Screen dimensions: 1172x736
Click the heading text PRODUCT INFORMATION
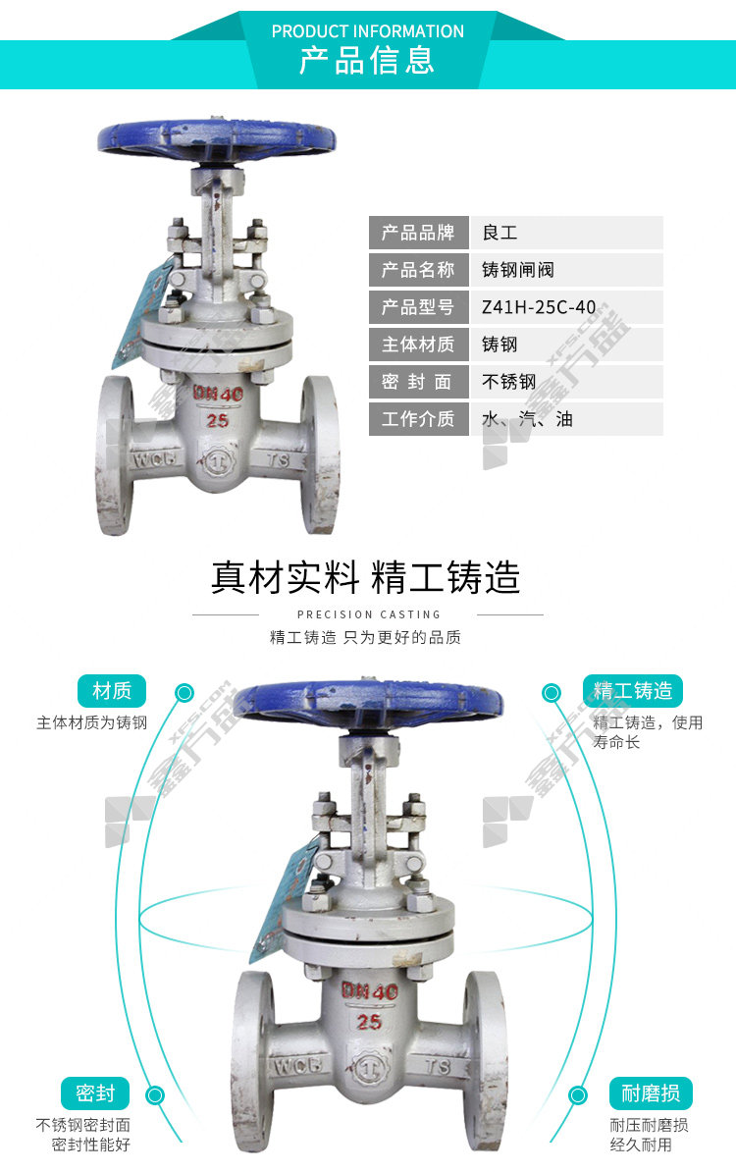(x=367, y=31)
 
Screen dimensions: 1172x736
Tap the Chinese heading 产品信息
(x=367, y=62)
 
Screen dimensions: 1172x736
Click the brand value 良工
(x=499, y=233)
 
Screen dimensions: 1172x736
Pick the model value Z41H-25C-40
(x=539, y=307)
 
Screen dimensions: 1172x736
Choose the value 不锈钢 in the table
(x=508, y=382)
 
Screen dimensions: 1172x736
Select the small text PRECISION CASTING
(x=368, y=614)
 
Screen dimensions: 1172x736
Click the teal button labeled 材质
(x=111, y=690)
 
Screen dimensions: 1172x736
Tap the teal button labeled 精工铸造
(x=633, y=690)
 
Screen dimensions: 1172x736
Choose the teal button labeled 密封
(x=95, y=1093)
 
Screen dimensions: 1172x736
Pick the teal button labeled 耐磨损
(x=651, y=1093)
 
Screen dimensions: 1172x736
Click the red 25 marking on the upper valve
(x=218, y=420)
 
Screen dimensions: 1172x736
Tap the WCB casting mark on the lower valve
(x=262, y=1066)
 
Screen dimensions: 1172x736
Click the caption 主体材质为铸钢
(x=91, y=723)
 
